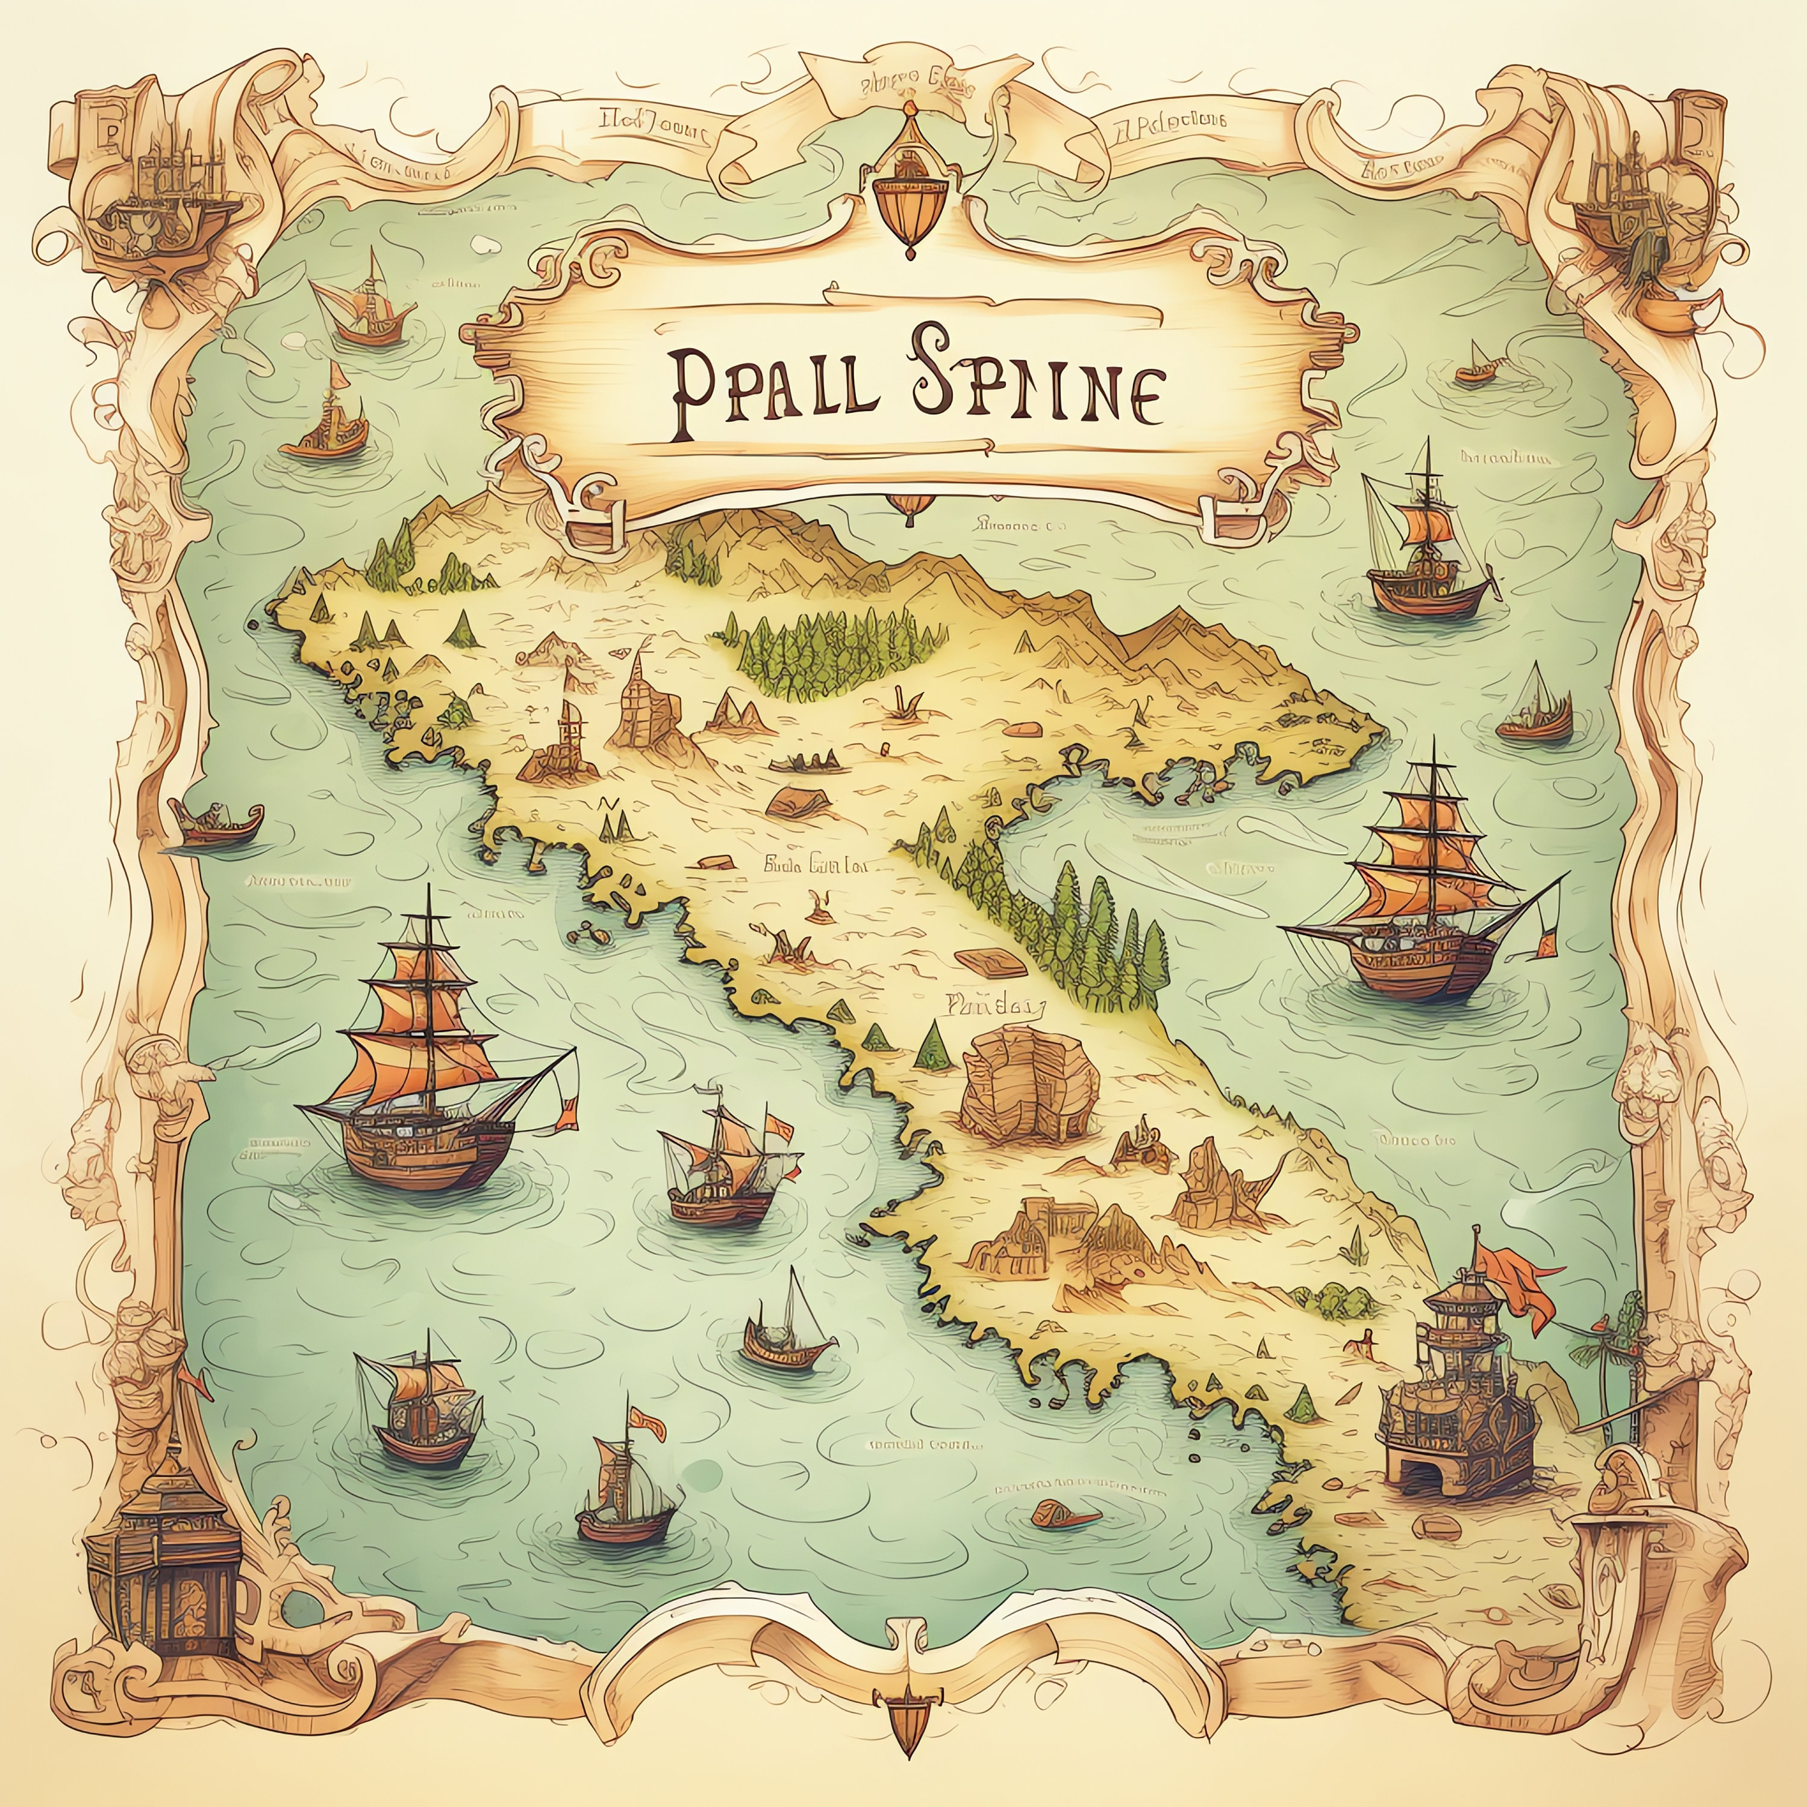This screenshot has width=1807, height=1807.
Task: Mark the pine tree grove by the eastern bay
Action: [x=1094, y=944]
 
